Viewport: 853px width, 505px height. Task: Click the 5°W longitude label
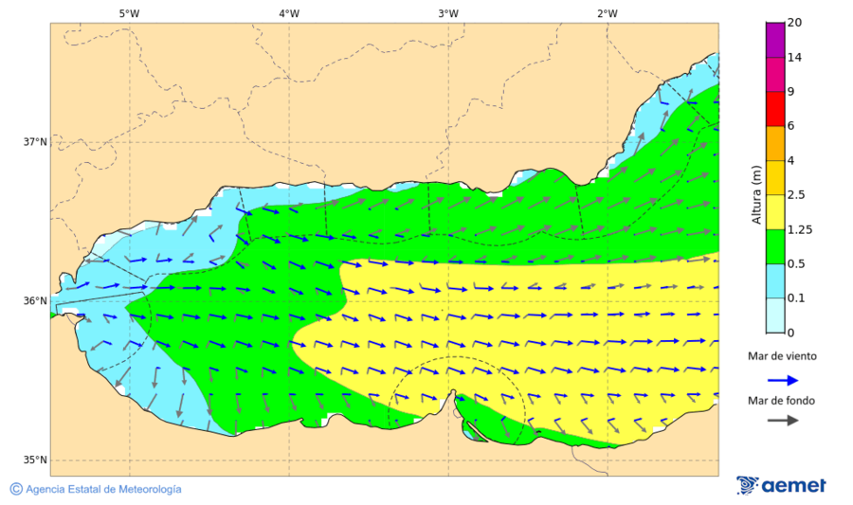[129, 13]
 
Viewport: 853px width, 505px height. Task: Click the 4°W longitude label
[289, 13]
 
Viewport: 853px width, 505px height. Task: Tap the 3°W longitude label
[448, 13]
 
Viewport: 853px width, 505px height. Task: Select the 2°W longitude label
[608, 13]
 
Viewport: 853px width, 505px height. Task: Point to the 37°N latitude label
[35, 142]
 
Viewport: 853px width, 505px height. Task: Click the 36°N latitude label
[35, 301]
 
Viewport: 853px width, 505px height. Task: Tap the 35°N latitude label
[35, 460]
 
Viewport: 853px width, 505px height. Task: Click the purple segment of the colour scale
[775, 40]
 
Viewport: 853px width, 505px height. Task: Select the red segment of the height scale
[775, 109]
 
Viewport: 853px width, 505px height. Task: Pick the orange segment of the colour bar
[775, 143]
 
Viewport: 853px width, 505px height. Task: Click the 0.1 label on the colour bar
[796, 298]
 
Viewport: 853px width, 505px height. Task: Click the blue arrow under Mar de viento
[782, 379]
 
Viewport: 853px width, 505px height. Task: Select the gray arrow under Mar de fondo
[782, 422]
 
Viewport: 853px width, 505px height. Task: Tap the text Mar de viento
[782, 356]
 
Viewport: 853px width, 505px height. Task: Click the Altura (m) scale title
[756, 193]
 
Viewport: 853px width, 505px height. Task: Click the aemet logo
[781, 485]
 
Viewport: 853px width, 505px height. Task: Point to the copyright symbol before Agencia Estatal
[16, 489]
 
